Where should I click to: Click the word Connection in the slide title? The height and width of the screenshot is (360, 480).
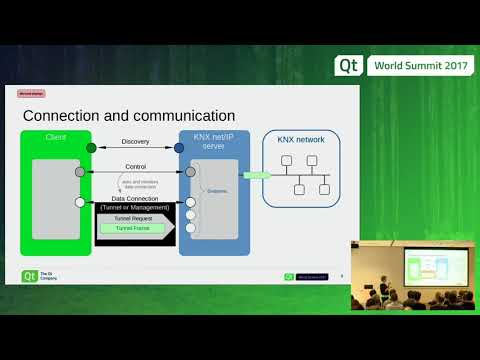[64, 116]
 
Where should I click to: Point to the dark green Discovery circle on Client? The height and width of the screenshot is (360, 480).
[91, 148]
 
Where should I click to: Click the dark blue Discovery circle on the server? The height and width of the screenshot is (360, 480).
[179, 148]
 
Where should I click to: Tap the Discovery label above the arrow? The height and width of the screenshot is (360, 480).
[135, 141]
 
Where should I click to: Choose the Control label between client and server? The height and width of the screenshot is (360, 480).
[135, 166]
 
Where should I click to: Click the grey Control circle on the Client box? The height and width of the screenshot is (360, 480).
[80, 172]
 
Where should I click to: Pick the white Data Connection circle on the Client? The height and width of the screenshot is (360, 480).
[80, 203]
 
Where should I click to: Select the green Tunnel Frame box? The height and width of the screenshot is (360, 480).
[133, 229]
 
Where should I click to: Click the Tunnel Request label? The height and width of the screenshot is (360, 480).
[133, 216]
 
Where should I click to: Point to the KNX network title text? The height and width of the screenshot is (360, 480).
[301, 141]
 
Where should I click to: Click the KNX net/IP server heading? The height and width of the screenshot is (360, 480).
[216, 141]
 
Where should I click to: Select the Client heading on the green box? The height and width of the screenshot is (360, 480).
[56, 136]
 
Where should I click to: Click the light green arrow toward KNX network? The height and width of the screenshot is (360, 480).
[257, 175]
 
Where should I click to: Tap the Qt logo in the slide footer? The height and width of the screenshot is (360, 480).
[30, 276]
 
